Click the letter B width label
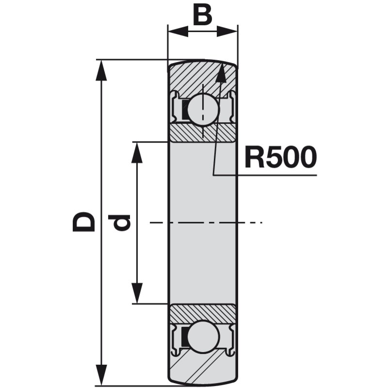pos(202,16)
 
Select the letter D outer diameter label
pos(83,222)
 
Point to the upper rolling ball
pos(203,109)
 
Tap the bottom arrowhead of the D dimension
pos(101,376)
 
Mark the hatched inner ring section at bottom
pos(202,312)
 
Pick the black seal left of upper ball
pos(185,111)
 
